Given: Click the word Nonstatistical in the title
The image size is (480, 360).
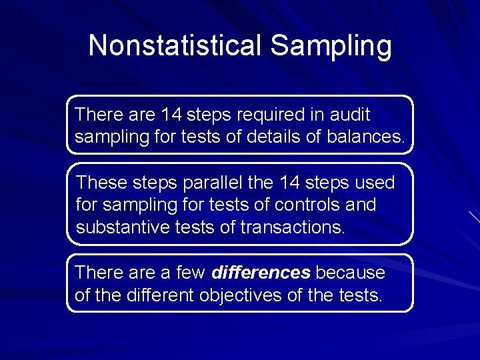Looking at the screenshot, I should coord(175,46).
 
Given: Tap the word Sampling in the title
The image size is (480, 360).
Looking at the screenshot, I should coord(331,46).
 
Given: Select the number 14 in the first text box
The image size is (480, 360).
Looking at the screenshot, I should coord(172,115).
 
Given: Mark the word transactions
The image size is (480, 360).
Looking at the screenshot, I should coord(293,227).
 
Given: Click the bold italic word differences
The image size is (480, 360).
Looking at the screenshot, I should coord(261,273).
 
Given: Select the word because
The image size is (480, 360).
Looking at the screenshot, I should coord(350,273).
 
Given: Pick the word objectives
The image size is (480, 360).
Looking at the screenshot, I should coord(240,295).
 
